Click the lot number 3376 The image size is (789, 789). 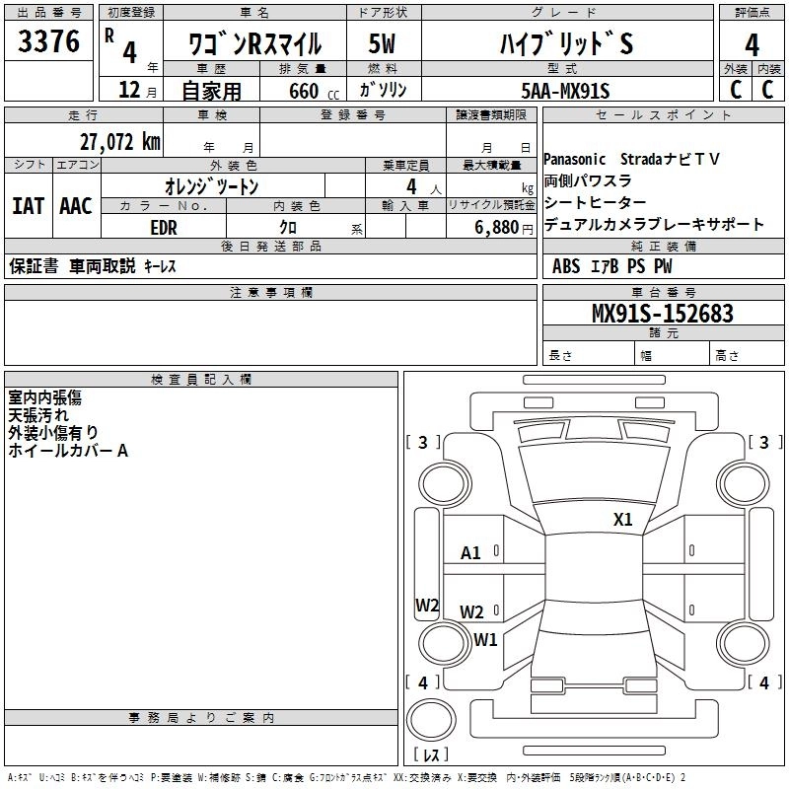click(x=48, y=40)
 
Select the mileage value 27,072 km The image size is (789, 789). click(x=120, y=142)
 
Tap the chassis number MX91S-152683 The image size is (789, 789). click(x=662, y=313)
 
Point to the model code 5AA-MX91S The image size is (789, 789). click(x=565, y=91)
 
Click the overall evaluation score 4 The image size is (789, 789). click(x=752, y=44)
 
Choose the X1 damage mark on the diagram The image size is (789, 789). click(x=622, y=520)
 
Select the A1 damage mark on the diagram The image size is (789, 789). click(x=470, y=553)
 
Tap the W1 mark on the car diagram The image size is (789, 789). click(x=485, y=639)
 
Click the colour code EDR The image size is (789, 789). click(x=164, y=228)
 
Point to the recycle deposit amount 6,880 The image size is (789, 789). click(x=497, y=228)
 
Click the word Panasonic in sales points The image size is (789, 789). click(x=574, y=160)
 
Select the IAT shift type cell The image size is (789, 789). click(x=29, y=206)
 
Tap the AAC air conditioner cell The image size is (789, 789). click(x=76, y=206)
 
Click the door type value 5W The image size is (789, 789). click(x=382, y=43)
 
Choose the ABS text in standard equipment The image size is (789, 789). click(x=565, y=266)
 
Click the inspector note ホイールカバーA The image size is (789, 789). click(x=68, y=451)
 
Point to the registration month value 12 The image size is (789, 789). click(x=129, y=90)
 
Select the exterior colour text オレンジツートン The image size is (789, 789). click(x=212, y=186)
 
